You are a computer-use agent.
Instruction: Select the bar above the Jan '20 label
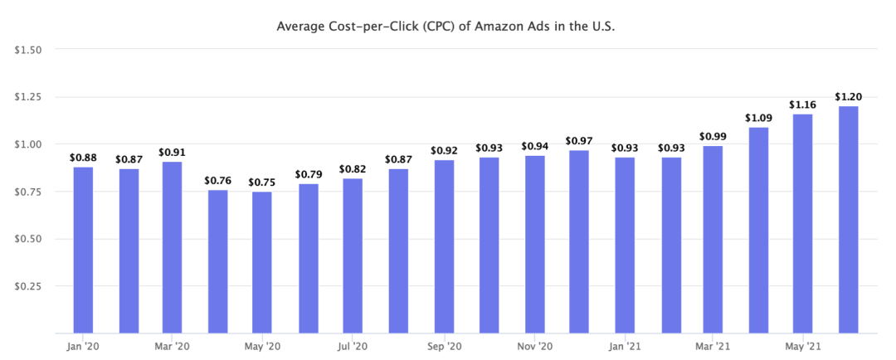coord(83,249)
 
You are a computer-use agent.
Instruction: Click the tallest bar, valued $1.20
coord(847,219)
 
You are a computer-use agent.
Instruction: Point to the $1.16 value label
coord(802,105)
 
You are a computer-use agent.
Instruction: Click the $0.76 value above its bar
coord(217,181)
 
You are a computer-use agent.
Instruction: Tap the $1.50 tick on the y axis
coord(29,50)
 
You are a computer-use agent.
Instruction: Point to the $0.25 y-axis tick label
coord(29,287)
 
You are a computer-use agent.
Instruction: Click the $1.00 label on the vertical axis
coord(29,144)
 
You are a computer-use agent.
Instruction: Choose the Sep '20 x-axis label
coord(444,346)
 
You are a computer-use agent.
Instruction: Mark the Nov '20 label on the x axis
coord(534,346)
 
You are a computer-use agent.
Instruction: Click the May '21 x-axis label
coord(802,346)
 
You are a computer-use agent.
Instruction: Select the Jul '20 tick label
coord(353,346)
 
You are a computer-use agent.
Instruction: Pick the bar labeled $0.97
coord(578,241)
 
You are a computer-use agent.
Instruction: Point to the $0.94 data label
coord(534,147)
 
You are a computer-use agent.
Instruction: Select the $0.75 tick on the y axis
coord(29,192)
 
